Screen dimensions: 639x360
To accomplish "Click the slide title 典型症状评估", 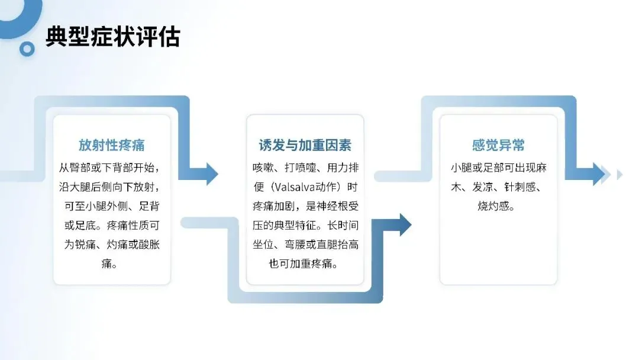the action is coord(112,37).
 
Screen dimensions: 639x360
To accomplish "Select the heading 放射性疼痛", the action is coord(112,145).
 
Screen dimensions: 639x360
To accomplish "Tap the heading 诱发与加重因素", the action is coord(305,145).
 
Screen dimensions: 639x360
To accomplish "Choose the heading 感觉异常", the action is coord(498,145).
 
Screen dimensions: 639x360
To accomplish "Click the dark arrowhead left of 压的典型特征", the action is coord(405,224).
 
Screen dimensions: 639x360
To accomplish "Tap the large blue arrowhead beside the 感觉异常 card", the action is coord(598,173).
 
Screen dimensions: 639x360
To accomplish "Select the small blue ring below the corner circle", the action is coord(27,49).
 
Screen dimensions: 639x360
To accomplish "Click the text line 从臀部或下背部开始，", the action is coord(112,168).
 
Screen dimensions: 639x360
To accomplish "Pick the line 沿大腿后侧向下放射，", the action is coord(112,187).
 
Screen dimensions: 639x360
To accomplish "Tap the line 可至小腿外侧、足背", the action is coord(112,206).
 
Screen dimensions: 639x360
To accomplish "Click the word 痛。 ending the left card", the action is coord(112,263).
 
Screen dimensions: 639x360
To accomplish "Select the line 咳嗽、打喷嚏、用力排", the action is coord(305,168).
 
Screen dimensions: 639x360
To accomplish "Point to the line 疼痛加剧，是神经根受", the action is coord(305,206).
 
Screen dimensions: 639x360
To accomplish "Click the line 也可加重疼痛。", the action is coord(305,263).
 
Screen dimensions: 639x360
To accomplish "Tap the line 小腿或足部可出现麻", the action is coord(498,168).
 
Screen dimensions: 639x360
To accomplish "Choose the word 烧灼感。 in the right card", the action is coord(498,206).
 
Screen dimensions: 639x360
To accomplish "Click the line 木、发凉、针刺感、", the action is coord(498,187).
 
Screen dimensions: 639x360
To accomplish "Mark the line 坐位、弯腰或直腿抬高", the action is coord(305,245).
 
